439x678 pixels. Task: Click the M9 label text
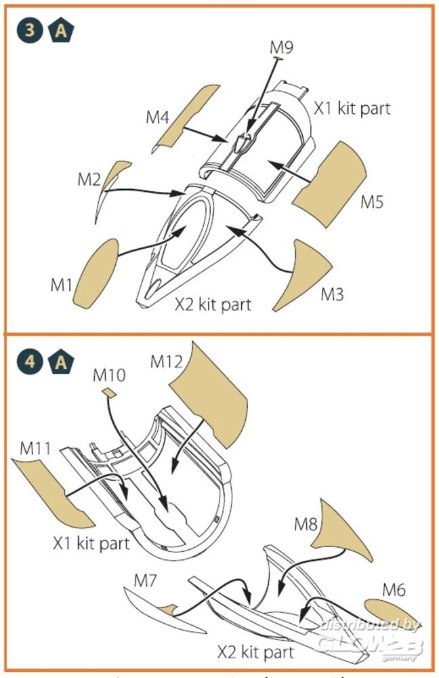point(281,47)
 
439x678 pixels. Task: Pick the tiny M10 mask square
point(108,391)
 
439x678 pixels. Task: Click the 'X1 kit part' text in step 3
point(352,108)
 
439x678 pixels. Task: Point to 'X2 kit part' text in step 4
point(255,652)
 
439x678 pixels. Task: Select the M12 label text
point(167,361)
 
